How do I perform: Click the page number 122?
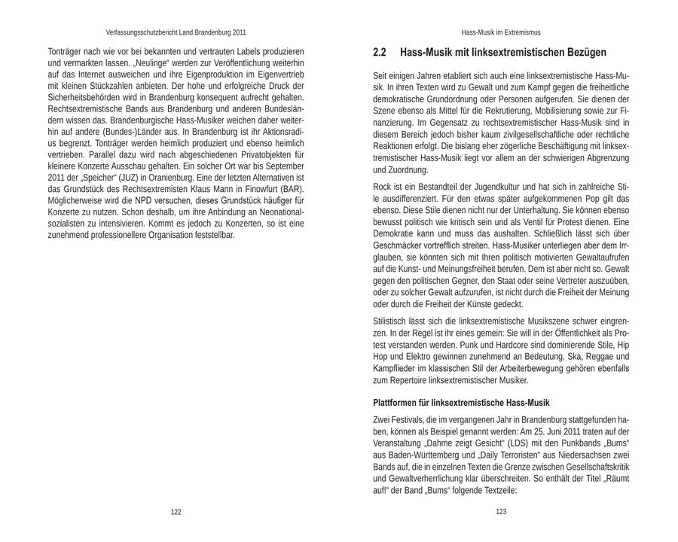click(176, 512)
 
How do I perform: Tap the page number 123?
click(501, 512)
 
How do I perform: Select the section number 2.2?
click(380, 53)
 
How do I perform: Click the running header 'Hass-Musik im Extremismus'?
click(501, 32)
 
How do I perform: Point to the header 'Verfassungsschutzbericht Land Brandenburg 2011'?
click(176, 32)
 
